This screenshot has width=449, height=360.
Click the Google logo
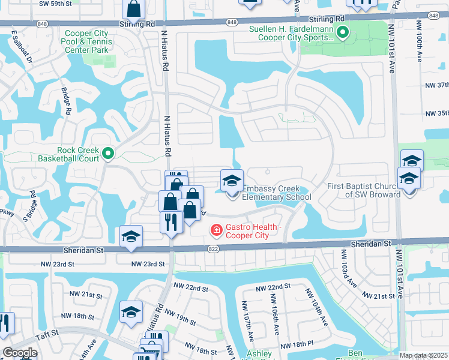point(19,353)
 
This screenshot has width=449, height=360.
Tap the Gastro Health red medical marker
point(215,230)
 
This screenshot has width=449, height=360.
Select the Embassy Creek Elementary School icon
point(232,180)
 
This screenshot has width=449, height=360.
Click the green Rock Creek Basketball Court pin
point(108,154)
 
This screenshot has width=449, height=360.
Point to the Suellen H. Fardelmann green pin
point(342,32)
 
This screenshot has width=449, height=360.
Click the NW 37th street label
point(436,85)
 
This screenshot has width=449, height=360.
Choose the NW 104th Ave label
point(316,307)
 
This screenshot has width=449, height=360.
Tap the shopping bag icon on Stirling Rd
point(133,9)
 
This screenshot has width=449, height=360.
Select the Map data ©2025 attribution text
point(423,355)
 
